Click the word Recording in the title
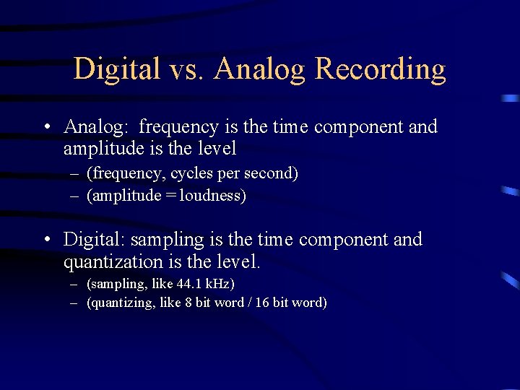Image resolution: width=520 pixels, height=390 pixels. (381, 70)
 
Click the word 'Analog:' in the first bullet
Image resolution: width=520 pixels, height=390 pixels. (97, 127)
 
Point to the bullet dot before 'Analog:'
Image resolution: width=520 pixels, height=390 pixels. (45, 128)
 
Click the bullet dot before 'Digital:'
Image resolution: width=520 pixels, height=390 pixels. (45, 240)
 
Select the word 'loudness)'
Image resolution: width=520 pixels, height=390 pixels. (213, 196)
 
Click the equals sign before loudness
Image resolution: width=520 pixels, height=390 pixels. (170, 196)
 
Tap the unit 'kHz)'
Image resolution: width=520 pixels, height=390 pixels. (221, 284)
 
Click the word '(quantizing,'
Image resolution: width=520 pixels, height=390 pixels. (118, 303)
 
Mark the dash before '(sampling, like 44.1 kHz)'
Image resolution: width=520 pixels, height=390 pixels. (74, 284)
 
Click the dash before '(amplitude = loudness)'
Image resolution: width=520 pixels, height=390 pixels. (74, 196)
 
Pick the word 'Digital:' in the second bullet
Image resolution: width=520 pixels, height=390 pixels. (94, 240)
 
